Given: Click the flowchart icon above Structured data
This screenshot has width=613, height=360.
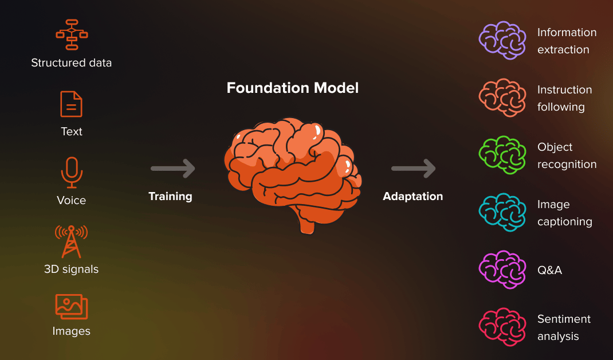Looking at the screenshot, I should click(x=72, y=34).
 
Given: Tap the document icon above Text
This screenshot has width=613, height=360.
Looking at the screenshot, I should click(x=72, y=104).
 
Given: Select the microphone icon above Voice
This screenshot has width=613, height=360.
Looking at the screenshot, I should click(x=72, y=172).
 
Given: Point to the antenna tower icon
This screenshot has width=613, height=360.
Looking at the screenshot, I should click(x=71, y=241).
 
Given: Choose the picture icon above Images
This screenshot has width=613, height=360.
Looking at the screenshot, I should click(x=72, y=307).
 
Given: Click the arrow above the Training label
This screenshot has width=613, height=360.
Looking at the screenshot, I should click(x=173, y=169).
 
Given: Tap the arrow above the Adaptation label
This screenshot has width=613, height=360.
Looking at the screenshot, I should click(x=414, y=169).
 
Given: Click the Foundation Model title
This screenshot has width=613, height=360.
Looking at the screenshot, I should click(x=292, y=88).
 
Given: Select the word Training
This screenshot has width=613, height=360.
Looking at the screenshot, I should click(x=170, y=196).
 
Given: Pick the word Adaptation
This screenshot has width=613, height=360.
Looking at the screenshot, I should click(x=412, y=196).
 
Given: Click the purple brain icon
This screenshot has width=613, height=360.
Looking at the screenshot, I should click(x=502, y=40).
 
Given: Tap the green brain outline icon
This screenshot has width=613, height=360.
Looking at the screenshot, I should click(x=502, y=155).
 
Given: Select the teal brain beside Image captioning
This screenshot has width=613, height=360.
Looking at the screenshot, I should click(x=502, y=212).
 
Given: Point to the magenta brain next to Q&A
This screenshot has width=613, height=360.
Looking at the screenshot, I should click(x=502, y=269).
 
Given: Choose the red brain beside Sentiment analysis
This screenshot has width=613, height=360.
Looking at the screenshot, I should click(x=502, y=327).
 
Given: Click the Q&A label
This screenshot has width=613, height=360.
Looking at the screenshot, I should click(x=549, y=270).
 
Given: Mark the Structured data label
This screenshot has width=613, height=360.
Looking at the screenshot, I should click(x=72, y=63).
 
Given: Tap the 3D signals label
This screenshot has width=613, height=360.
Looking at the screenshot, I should click(x=72, y=269).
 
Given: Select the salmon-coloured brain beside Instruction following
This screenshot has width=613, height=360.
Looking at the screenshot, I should click(x=502, y=97).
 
